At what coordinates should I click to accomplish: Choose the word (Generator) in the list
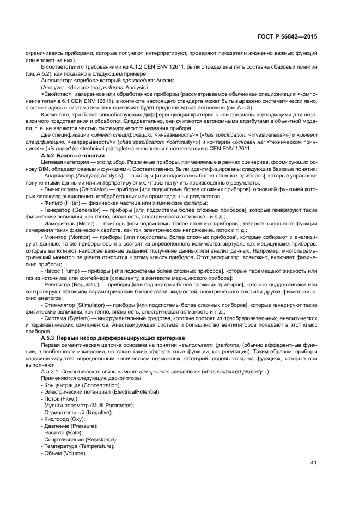point(87,210)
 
